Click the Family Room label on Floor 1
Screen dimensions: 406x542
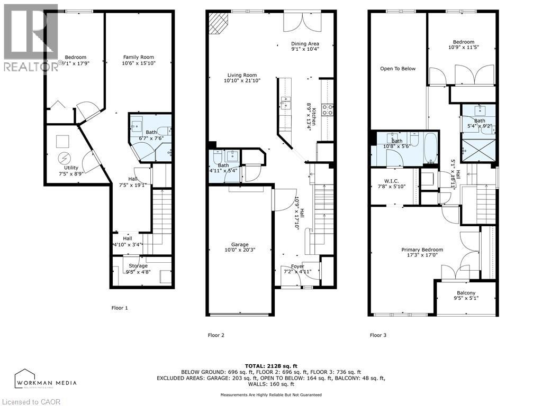pyautogui.click(x=139, y=57)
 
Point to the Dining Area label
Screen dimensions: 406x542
pyautogui.click(x=305, y=44)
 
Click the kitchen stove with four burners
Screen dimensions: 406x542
pyautogui.click(x=328, y=110)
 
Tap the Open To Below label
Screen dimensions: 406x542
pyautogui.click(x=398, y=69)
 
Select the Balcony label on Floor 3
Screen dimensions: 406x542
pyautogui.click(x=466, y=293)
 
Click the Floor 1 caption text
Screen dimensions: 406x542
pyautogui.click(x=120, y=308)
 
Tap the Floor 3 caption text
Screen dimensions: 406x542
pyautogui.click(x=378, y=335)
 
